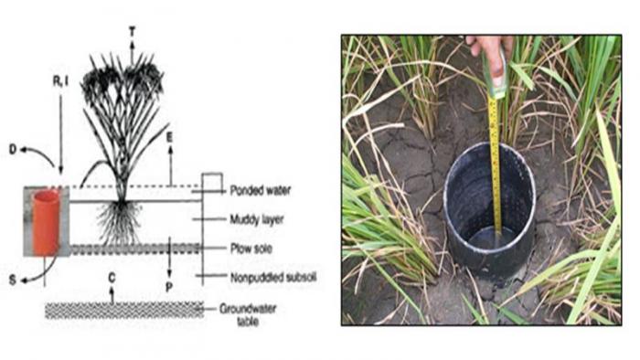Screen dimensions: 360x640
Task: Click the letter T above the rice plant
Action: click(x=132, y=32)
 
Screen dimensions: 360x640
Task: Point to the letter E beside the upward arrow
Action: click(x=170, y=137)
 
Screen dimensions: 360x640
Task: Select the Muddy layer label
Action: click(x=257, y=219)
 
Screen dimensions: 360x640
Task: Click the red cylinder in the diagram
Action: click(x=46, y=223)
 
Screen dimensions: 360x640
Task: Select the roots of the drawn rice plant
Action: click(x=120, y=223)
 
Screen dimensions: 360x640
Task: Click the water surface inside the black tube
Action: click(x=489, y=239)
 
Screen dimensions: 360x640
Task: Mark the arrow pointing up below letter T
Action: click(x=132, y=50)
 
